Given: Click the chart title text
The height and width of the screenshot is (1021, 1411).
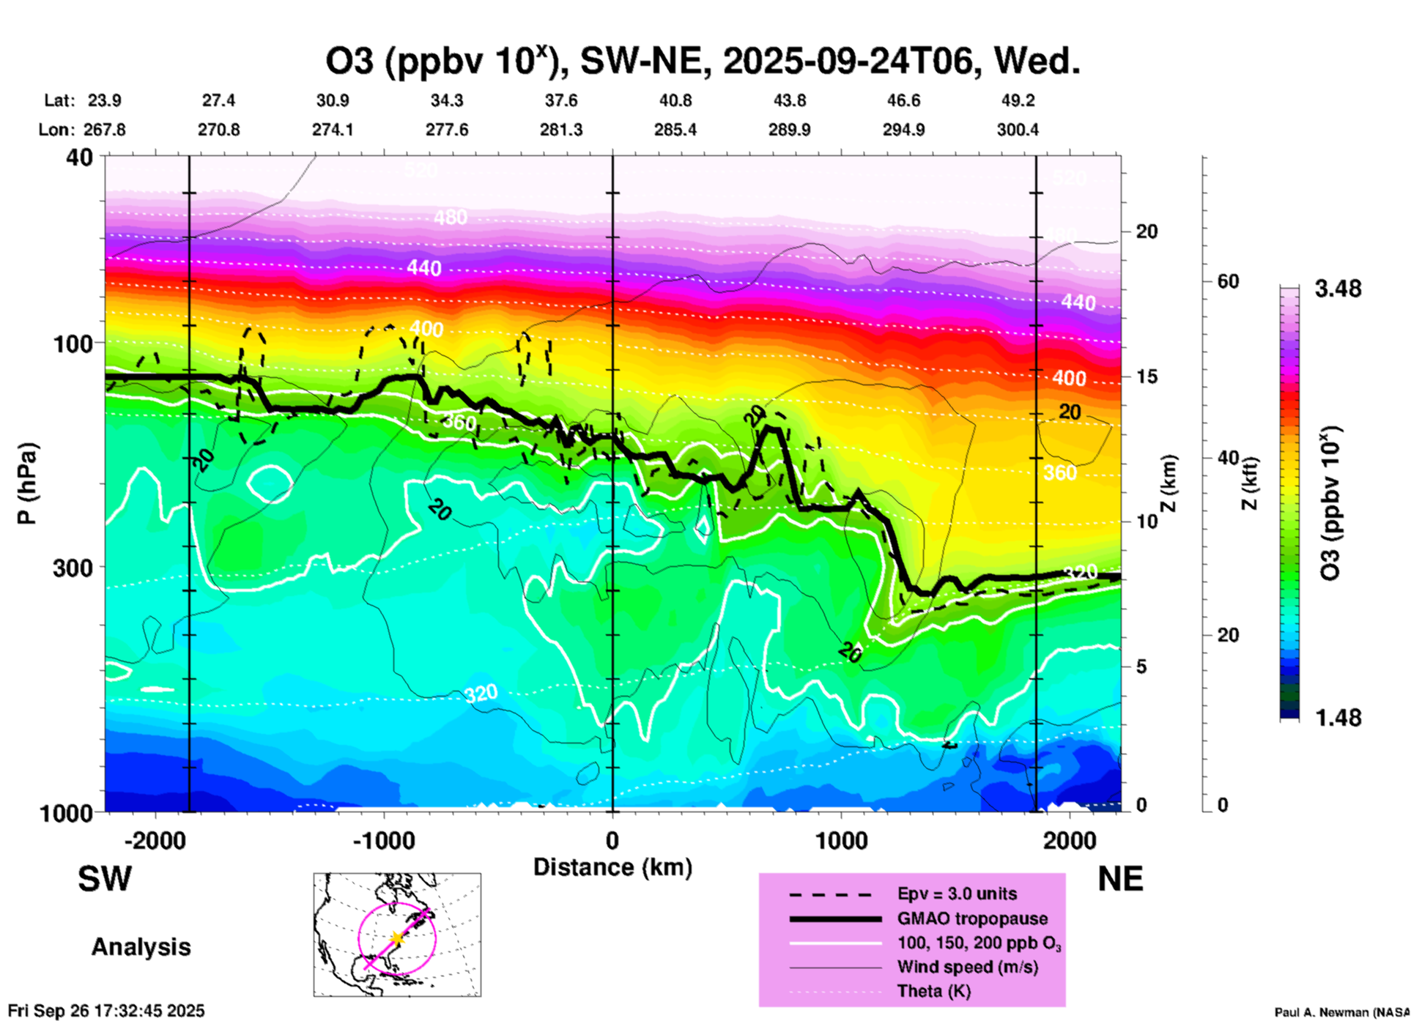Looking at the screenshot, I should click(x=703, y=62).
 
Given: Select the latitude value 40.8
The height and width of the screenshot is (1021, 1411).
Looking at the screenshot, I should click(x=675, y=100).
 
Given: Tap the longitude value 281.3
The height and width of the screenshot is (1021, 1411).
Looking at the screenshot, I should click(x=561, y=130).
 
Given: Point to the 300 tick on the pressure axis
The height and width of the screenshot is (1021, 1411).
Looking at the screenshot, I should click(x=73, y=568).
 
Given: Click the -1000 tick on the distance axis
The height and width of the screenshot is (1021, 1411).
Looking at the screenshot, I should click(x=384, y=840).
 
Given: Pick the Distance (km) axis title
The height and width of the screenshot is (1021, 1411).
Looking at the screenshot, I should click(x=612, y=867).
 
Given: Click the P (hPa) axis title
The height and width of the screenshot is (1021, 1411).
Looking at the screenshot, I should click(x=27, y=483).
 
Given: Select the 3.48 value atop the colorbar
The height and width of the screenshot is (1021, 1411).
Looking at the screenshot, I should click(x=1338, y=289).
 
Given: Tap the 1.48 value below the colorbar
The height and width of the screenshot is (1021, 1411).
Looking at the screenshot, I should click(x=1338, y=717).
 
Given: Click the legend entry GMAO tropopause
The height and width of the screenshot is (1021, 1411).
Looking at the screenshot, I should click(x=972, y=918).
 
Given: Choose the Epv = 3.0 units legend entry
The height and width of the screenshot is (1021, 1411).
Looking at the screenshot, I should click(x=957, y=894).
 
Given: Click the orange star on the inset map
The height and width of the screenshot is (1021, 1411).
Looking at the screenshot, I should click(x=396, y=938).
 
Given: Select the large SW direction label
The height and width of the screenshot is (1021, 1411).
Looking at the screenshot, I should click(x=105, y=879).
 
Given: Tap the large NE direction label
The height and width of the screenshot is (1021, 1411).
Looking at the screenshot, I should click(x=1120, y=879).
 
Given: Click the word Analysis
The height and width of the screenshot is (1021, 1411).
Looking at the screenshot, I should click(x=141, y=947).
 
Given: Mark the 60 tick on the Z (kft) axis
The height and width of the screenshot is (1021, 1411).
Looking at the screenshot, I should click(x=1228, y=281).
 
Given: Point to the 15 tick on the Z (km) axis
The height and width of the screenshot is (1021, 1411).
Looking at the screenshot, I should click(x=1147, y=376).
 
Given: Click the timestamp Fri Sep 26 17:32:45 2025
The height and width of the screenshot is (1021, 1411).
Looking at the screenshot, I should click(x=107, y=1011).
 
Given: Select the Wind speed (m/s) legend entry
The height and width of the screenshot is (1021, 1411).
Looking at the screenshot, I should click(x=967, y=967).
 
